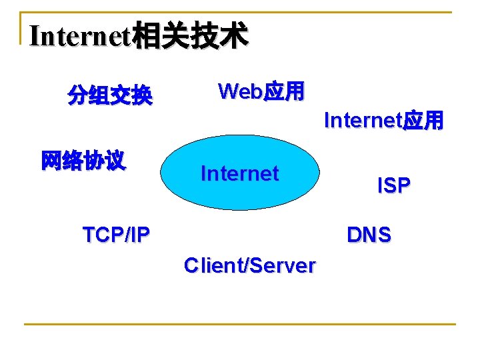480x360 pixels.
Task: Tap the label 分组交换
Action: tap(110, 97)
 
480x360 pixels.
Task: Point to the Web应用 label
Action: tap(261, 91)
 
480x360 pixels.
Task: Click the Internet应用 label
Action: tap(383, 121)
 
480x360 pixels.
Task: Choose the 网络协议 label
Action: tap(83, 161)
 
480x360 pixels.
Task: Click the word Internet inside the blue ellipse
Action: tap(239, 174)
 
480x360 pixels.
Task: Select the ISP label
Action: tap(393, 186)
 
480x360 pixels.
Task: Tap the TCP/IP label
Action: tap(116, 235)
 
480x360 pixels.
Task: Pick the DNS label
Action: tap(369, 235)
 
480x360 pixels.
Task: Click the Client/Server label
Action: tap(249, 265)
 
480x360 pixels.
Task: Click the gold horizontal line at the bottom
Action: tap(239, 325)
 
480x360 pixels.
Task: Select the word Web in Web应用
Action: tap(241, 91)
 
